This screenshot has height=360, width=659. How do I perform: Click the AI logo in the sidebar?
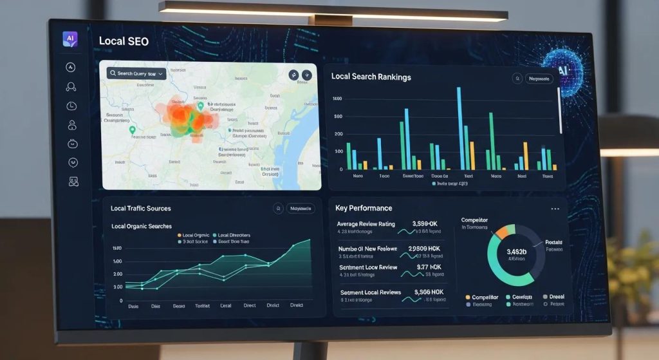[x=70, y=39]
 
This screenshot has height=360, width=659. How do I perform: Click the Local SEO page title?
[x=124, y=41]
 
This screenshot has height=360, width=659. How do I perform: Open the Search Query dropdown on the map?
[x=137, y=73]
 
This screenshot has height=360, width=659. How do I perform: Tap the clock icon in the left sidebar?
[x=71, y=106]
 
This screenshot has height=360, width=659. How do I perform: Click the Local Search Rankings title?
[x=371, y=77]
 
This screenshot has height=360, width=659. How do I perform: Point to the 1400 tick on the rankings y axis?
[x=337, y=99]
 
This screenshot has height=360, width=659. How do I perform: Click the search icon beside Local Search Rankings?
[x=517, y=79]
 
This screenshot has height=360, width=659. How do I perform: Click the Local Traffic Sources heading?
[x=140, y=209]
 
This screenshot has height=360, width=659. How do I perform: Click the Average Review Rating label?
[x=366, y=224]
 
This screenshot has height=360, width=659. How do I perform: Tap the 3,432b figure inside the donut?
[x=516, y=252]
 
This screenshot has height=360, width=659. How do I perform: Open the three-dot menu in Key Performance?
[x=555, y=209]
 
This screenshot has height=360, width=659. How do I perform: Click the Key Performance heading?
[x=364, y=208]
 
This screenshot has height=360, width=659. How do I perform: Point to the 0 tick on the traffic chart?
[x=120, y=301]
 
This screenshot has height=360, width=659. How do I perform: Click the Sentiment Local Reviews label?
[x=370, y=292]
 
